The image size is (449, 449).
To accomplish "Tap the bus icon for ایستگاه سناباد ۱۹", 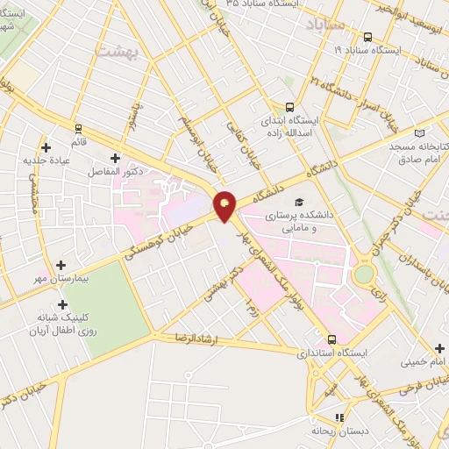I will click(367, 38).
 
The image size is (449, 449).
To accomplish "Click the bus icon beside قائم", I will click(78, 128).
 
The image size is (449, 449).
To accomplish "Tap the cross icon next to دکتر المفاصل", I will click(115, 158).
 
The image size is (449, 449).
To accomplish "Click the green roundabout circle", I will click(362, 274).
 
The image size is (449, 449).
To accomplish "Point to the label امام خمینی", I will click(425, 360).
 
